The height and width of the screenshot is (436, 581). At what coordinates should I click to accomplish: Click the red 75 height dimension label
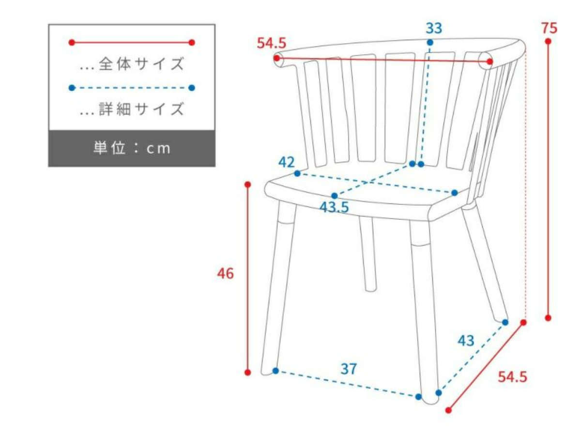tap(549, 28)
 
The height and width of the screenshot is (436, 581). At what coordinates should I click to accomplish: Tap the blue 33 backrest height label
tap(433, 28)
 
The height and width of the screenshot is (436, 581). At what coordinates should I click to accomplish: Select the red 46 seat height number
tap(225, 273)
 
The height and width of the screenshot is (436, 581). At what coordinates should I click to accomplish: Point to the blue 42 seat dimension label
tap(286, 162)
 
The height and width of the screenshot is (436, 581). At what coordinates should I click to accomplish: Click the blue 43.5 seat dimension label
tap(334, 207)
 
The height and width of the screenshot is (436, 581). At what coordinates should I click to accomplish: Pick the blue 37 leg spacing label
tap(349, 369)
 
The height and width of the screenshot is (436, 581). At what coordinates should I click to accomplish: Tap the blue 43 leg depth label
tap(466, 341)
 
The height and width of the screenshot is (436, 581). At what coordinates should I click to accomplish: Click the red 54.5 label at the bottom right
tap(512, 377)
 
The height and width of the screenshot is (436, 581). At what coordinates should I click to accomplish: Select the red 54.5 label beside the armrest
tap(271, 43)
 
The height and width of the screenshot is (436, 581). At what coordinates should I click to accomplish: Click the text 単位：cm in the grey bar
tap(132, 148)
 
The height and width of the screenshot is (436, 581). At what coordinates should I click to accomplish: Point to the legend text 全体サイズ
tap(141, 64)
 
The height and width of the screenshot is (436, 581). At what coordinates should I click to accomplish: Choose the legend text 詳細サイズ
tap(141, 109)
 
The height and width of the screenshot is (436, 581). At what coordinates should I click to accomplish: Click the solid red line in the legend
tap(132, 42)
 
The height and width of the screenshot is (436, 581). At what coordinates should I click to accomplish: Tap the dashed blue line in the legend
tap(132, 88)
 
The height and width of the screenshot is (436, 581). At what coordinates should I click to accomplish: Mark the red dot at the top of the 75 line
tap(548, 41)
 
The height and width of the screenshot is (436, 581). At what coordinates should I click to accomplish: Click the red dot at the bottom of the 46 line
tap(247, 373)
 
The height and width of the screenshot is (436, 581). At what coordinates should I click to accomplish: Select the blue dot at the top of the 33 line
tap(430, 42)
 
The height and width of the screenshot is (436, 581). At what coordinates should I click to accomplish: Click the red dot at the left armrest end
tap(276, 58)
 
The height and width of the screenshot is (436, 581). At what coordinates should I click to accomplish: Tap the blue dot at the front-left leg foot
tap(275, 371)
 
